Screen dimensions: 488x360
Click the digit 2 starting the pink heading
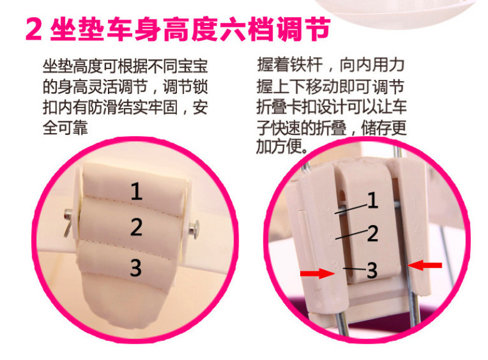click(34, 29)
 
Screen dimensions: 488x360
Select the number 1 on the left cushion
click(137, 191)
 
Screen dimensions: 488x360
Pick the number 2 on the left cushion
click(136, 227)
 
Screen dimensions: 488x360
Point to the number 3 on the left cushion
click(136, 268)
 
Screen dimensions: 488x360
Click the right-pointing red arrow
click(317, 273)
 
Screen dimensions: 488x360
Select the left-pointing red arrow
click(425, 265)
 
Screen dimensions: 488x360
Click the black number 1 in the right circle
click(373, 200)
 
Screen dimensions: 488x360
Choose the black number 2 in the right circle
click(373, 234)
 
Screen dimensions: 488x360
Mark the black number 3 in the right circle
click(372, 270)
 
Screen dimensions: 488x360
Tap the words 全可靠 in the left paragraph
click(65, 128)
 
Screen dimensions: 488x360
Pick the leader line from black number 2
click(351, 234)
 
